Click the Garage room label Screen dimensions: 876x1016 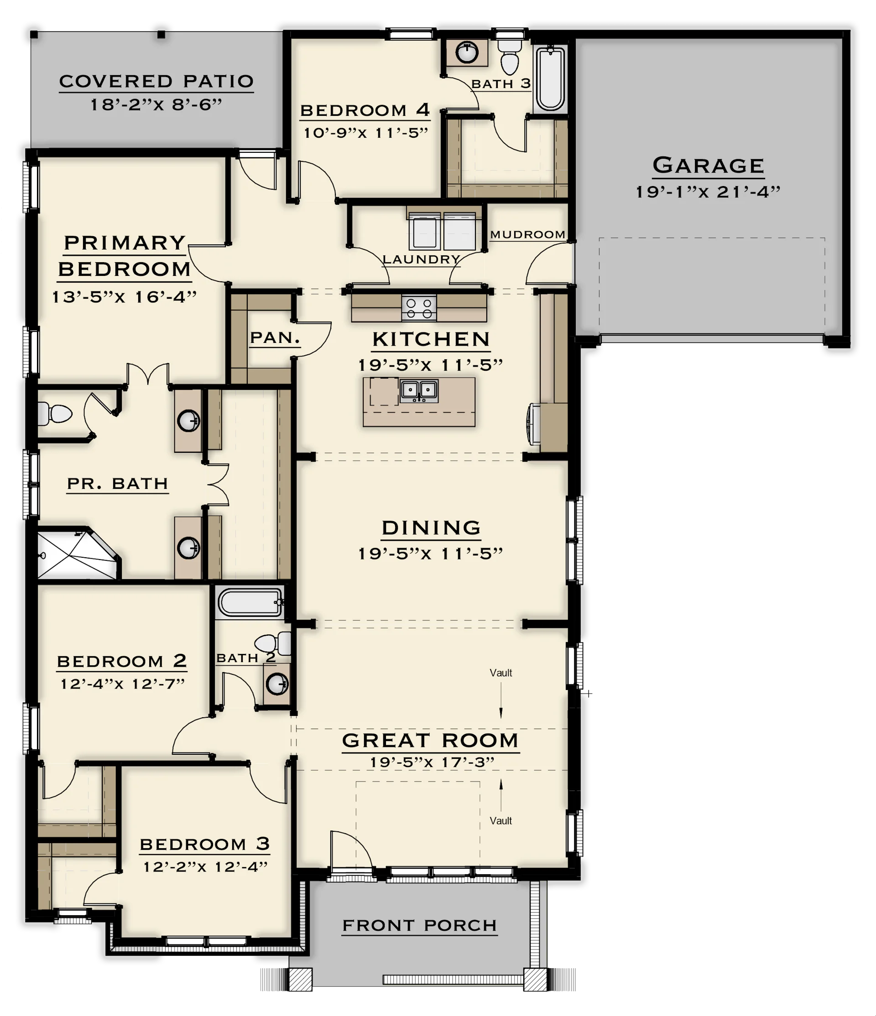pyautogui.click(x=708, y=166)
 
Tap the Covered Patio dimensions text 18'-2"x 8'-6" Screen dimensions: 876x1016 pyautogui.click(x=156, y=104)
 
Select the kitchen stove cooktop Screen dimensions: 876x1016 pyautogui.click(x=419, y=308)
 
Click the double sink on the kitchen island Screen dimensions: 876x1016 pyautogui.click(x=419, y=391)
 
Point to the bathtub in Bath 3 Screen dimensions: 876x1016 pyautogui.click(x=550, y=78)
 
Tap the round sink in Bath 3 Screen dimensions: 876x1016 pyautogui.click(x=466, y=52)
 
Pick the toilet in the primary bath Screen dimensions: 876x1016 pyautogui.click(x=54, y=413)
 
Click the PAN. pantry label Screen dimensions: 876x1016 pyautogui.click(x=275, y=338)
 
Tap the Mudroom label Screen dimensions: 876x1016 pyautogui.click(x=528, y=234)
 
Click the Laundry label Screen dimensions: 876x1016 pyautogui.click(x=421, y=259)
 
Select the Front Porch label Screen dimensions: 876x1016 pyautogui.click(x=419, y=925)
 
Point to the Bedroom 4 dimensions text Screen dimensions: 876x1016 pyautogui.click(x=366, y=133)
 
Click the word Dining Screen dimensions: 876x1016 pyautogui.click(x=431, y=528)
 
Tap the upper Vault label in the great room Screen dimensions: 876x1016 pyautogui.click(x=501, y=673)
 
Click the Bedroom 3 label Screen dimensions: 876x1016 pyautogui.click(x=204, y=844)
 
